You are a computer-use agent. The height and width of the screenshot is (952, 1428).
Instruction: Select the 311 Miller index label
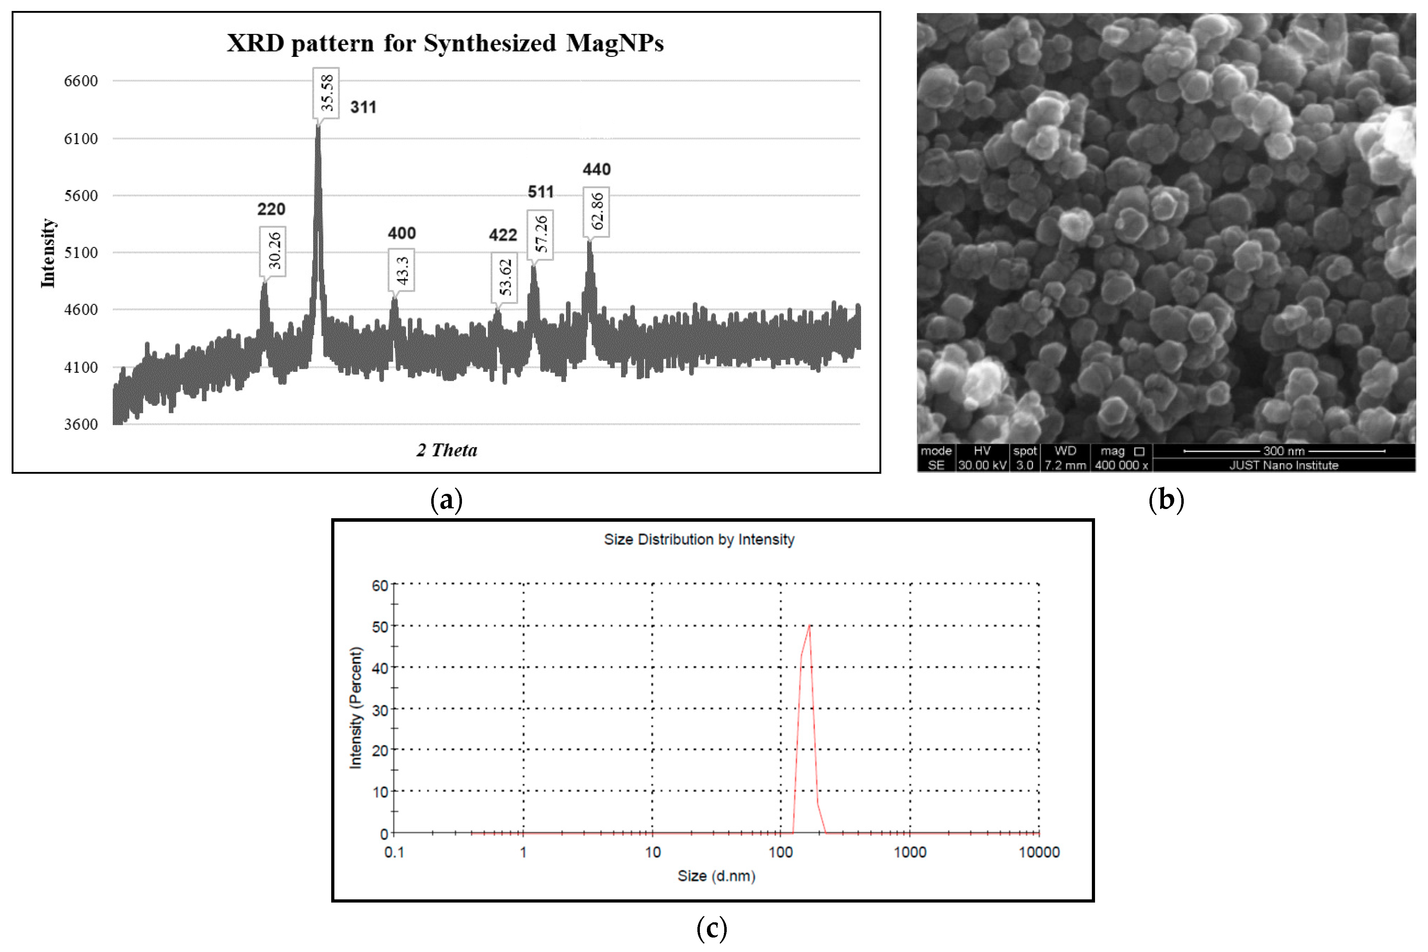coord(363,107)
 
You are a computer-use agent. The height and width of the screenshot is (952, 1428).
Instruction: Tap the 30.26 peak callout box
coord(273,251)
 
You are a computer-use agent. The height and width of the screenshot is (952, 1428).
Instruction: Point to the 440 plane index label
coord(596,170)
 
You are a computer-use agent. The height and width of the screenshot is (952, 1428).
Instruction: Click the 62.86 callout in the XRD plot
coord(596,212)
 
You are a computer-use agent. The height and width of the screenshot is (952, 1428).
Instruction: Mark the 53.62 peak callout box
coord(504,277)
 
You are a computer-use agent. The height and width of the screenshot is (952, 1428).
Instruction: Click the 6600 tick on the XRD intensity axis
coord(81,81)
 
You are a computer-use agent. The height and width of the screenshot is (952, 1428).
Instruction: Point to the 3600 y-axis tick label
coord(81,424)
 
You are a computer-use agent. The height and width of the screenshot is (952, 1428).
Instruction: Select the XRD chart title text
coord(445,43)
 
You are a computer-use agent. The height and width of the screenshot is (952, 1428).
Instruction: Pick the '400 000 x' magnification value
coord(1121,465)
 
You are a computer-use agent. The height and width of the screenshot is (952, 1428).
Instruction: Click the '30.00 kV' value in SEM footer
coord(982,465)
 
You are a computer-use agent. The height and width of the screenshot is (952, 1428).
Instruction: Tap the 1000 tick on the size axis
coord(910,852)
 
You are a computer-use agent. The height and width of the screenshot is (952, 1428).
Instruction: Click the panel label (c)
coord(711,928)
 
